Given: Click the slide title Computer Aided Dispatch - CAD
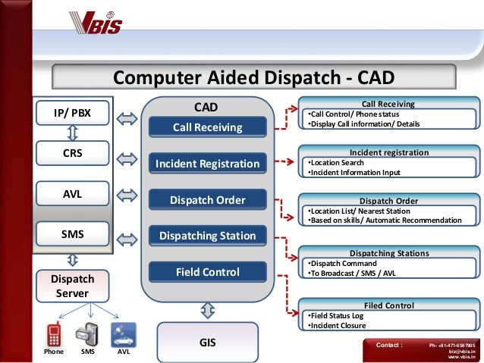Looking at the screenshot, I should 253,78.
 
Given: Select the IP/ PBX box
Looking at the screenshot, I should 72,114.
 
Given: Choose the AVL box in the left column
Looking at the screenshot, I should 72,194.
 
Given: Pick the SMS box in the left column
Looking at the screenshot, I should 72,234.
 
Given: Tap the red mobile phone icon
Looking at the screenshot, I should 54,333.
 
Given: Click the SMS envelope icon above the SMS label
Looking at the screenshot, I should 85,333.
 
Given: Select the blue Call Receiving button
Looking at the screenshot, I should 208,127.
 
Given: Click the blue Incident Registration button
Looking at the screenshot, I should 208,164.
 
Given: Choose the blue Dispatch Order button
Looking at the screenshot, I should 208,200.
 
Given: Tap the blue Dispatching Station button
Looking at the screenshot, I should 208,236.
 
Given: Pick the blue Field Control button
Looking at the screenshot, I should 208,271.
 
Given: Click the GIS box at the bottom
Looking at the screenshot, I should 208,343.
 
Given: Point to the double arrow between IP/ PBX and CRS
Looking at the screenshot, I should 73,133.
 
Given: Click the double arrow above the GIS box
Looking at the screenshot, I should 208,310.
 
